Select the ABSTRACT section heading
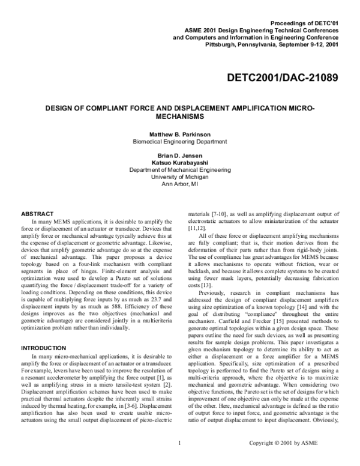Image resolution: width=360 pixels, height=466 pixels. pos(38,213)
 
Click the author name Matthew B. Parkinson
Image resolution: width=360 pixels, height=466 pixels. pos(179,133)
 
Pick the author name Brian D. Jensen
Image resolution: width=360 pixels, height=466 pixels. pos(179,156)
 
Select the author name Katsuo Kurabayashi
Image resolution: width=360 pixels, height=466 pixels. pos(179,163)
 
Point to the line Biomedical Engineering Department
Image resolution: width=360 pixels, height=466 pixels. pos(179,141)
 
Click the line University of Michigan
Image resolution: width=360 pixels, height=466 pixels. pos(179,177)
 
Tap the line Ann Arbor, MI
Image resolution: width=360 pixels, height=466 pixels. pos(179,184)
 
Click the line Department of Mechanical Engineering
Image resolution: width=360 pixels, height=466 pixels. pos(179,170)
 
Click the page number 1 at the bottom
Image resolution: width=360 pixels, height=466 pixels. pos(179,461)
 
